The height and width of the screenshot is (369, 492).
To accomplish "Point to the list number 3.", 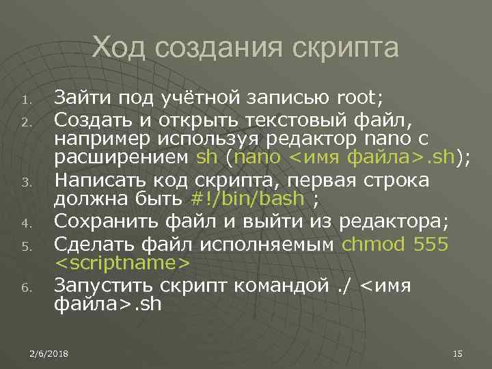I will click(24, 182).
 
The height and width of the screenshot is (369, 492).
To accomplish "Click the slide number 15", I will click(458, 353).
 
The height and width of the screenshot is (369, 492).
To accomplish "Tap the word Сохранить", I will click(102, 221).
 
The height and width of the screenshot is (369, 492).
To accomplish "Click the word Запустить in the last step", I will click(102, 285).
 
